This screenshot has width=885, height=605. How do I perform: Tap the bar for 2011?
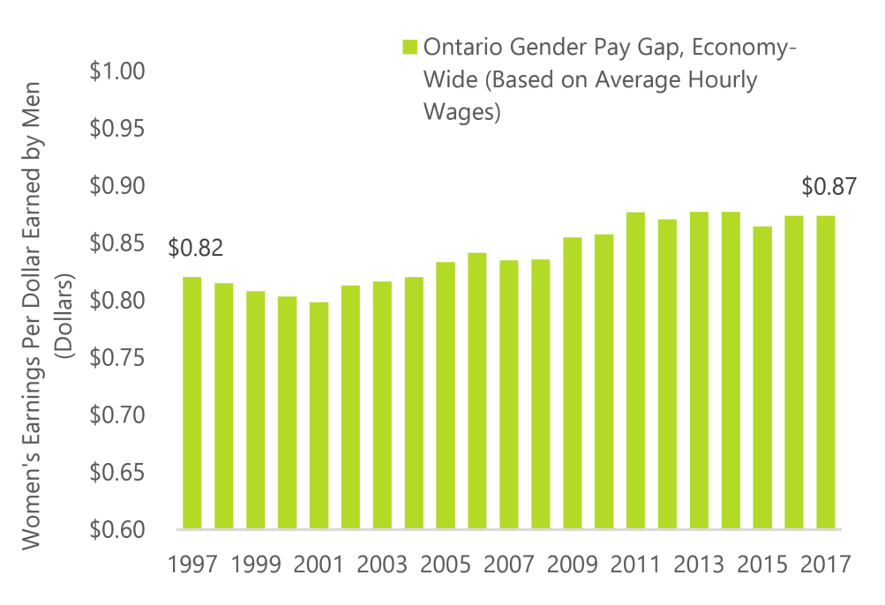click(635, 370)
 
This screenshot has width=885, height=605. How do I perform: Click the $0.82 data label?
click(195, 248)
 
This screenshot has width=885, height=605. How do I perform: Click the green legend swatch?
click(409, 47)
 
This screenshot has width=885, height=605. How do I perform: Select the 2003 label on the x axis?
click(381, 564)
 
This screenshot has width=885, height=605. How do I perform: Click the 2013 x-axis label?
click(698, 564)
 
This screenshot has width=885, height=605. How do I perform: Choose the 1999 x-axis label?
click(255, 564)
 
